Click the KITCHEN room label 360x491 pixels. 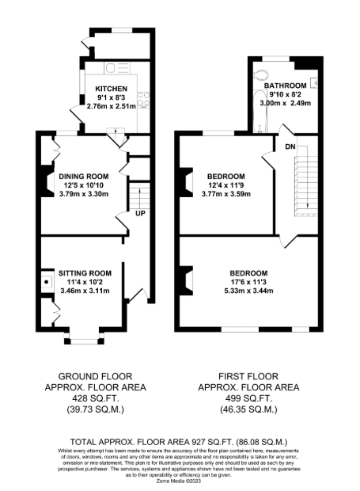(x=111, y=89)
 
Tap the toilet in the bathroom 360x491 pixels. (x=261, y=75)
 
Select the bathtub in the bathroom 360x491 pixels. (x=260, y=112)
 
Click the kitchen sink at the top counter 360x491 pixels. (x=116, y=68)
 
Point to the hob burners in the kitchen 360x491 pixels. (x=143, y=100)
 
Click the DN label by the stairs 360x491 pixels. (x=290, y=147)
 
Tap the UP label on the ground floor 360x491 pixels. (x=140, y=213)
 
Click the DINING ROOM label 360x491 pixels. (x=84, y=177)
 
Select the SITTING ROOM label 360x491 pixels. (x=85, y=273)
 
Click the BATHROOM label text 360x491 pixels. (x=286, y=86)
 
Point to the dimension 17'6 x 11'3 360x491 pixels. (x=248, y=282)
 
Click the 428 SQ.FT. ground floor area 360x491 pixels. (x=96, y=398)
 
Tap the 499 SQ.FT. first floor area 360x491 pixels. (x=248, y=398)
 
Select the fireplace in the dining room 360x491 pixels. (x=47, y=181)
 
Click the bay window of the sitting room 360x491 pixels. (x=84, y=338)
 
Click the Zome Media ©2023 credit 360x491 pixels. (x=179, y=481)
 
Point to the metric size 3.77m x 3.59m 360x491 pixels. (x=226, y=194)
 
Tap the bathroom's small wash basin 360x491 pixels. (x=314, y=82)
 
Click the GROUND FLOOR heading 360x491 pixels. (x=96, y=376)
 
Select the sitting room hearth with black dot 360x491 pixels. (x=47, y=282)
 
